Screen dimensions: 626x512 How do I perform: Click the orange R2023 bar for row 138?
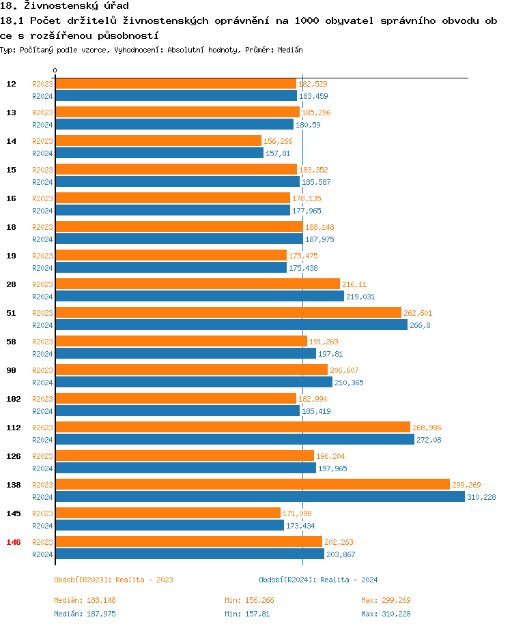pyautogui.click(x=252, y=484)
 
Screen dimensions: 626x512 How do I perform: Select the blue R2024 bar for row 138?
pyautogui.click(x=259, y=496)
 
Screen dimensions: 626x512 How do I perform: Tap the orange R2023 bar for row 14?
pyautogui.click(x=158, y=140)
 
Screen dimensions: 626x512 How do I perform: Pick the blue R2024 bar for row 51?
pyautogui.click(x=231, y=325)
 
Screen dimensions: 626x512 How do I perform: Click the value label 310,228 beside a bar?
pyautogui.click(x=481, y=497)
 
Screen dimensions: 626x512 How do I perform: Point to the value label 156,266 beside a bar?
pyautogui.click(x=278, y=141)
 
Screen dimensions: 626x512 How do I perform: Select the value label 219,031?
pyautogui.click(x=360, y=297)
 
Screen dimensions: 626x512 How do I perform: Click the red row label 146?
pyautogui.click(x=13, y=542)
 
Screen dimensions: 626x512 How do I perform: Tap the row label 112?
pyautogui.click(x=13, y=428)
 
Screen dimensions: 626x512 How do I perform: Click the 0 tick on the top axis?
pyautogui.click(x=55, y=71)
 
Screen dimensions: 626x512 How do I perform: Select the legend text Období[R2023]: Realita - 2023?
pyautogui.click(x=113, y=580)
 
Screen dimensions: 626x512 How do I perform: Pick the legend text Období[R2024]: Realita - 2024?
pyautogui.click(x=318, y=580)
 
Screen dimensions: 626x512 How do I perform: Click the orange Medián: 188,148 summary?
pyautogui.click(x=86, y=600)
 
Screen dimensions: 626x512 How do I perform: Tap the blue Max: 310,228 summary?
pyautogui.click(x=386, y=614)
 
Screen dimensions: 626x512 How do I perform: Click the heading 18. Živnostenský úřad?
pyautogui.click(x=64, y=6)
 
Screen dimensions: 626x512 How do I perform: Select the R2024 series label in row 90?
pyautogui.click(x=42, y=383)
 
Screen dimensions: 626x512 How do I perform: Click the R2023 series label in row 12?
pyautogui.click(x=42, y=84)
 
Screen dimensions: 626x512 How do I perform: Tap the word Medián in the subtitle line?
pyautogui.click(x=290, y=50)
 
